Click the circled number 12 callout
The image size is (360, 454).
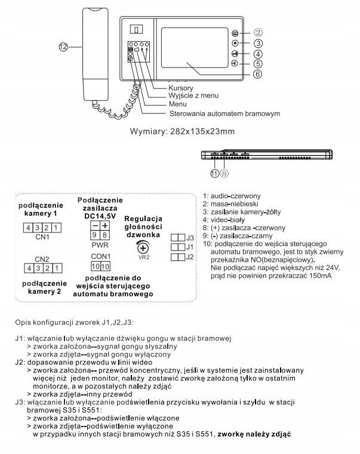64,46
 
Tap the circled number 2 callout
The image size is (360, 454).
258,33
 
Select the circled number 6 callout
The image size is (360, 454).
258,74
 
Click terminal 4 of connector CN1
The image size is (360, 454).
28,228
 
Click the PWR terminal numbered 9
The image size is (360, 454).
94,235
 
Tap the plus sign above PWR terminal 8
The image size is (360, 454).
105,225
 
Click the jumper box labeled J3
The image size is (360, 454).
178,237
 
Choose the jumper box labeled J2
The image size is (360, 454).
178,257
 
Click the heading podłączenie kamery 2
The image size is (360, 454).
42,286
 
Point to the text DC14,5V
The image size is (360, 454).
100,214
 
